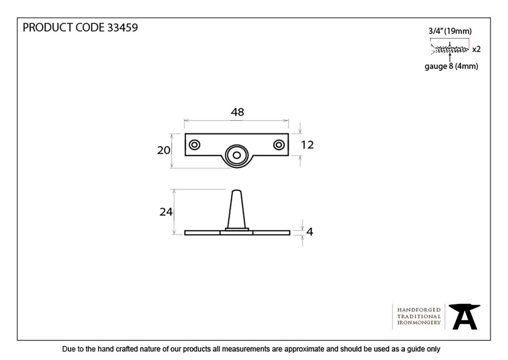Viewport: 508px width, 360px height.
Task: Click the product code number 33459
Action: (123, 27)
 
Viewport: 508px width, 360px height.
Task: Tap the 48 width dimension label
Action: (237, 112)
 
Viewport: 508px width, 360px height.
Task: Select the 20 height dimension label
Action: (164, 150)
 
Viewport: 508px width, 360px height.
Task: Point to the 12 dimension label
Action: (307, 145)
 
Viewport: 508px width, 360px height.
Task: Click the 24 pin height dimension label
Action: (166, 212)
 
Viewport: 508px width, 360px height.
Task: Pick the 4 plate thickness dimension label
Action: (309, 232)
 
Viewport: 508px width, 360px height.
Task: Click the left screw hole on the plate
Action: (194, 145)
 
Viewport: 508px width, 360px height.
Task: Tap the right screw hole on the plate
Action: (279, 145)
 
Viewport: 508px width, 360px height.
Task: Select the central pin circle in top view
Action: (237, 155)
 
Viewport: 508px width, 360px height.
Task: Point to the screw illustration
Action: (449, 49)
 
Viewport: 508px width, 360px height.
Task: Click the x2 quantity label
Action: (476, 49)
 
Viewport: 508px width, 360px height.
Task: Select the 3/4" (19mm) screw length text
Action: (450, 31)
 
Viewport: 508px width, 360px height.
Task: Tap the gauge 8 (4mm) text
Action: (451, 66)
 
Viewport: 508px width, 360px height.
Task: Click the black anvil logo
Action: (464, 317)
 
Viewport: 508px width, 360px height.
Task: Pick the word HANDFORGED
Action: (419, 310)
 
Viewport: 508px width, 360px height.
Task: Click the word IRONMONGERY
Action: (419, 323)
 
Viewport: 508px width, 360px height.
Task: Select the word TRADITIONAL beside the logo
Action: (419, 316)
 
